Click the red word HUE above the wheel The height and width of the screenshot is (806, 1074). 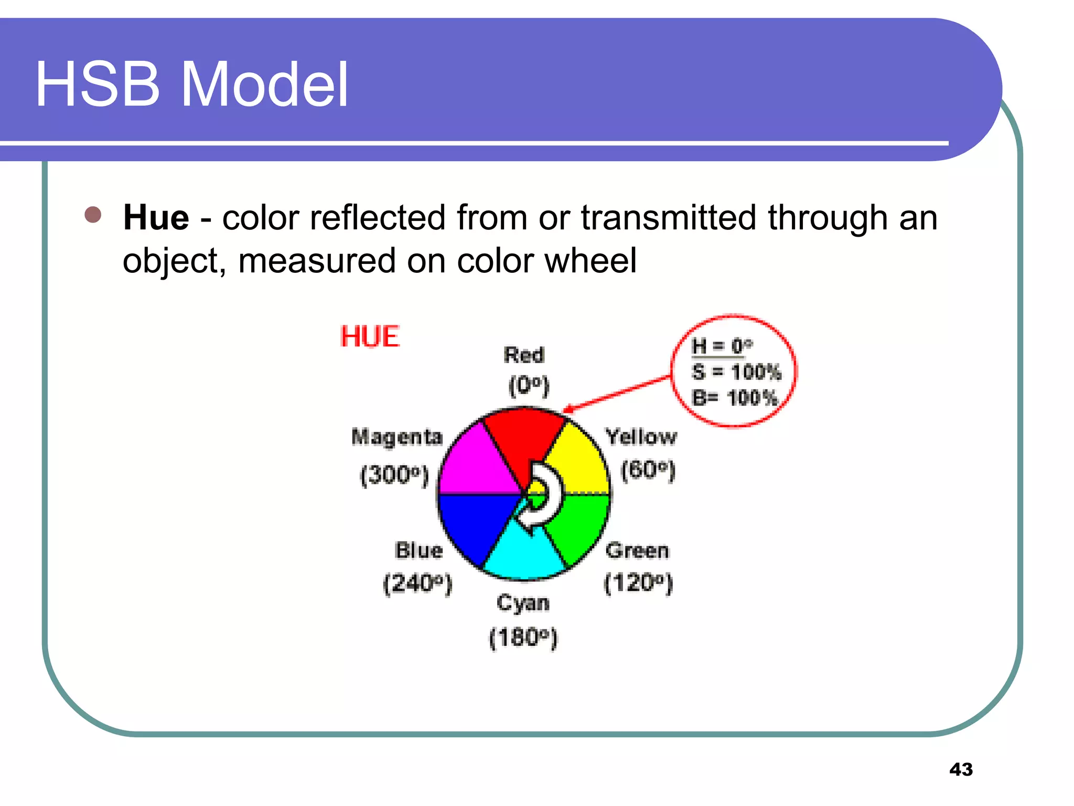pos(370,336)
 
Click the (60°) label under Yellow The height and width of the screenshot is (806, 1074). pos(648,470)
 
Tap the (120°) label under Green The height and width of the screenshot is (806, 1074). pos(638,583)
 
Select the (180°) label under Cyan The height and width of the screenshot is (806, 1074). pos(523,638)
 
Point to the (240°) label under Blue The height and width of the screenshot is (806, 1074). pos(417,583)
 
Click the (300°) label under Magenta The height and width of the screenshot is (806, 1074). pos(395,475)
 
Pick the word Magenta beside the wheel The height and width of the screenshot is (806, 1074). pos(397,437)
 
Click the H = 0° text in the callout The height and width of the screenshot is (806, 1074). pos(722,346)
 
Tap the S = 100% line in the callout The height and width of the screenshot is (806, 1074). pos(736,372)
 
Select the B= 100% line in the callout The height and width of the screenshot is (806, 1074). pos(734,398)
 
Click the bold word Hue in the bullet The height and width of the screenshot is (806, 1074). pos(156,217)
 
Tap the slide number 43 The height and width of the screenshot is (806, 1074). pos(961,769)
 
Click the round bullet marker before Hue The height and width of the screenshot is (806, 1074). pos(93,215)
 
